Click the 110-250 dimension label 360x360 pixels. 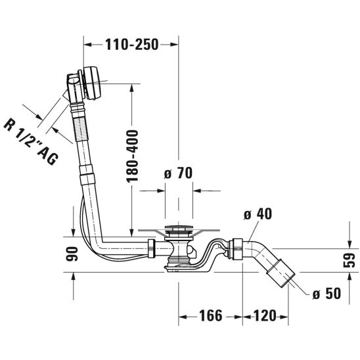point(132,44)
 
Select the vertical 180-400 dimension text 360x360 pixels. point(133,156)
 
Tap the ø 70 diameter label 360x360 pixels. point(178,173)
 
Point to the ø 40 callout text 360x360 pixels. point(258,214)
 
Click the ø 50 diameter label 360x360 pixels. point(326,294)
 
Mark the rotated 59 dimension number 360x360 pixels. point(349,260)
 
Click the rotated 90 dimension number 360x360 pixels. point(72,254)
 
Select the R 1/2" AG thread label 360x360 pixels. point(31,142)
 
